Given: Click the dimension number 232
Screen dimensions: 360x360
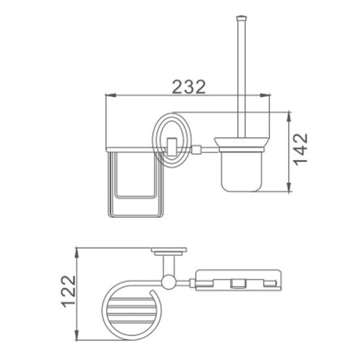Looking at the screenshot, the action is click(x=189, y=87).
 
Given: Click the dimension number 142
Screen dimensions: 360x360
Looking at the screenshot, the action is click(x=301, y=149).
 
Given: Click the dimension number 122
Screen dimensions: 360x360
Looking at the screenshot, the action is click(x=68, y=291).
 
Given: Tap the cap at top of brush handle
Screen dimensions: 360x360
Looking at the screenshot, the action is click(x=241, y=18).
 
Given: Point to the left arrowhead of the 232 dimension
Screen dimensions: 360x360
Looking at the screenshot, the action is click(x=110, y=95).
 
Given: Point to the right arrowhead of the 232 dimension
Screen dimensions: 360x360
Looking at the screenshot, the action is click(x=264, y=95).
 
